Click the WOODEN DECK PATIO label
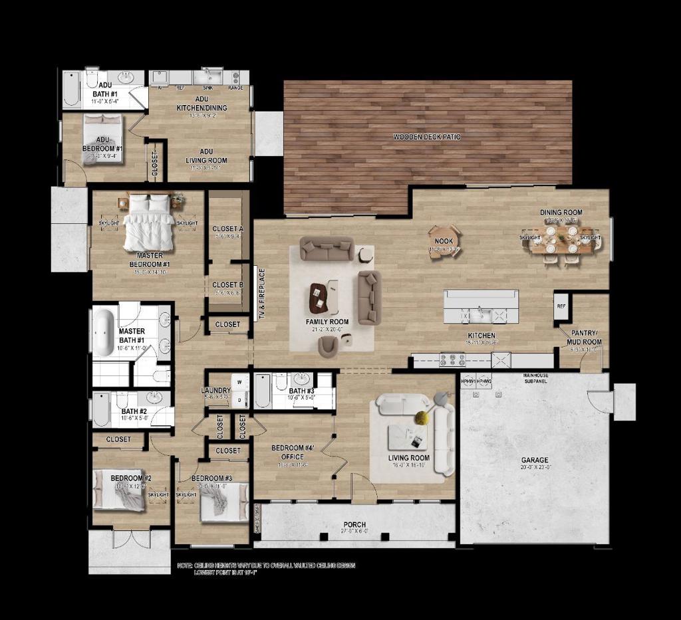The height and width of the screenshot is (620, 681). click(427, 137)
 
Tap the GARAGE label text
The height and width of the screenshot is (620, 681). click(535, 460)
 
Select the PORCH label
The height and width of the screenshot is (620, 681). click(355, 525)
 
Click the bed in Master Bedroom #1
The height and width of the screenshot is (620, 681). click(150, 222)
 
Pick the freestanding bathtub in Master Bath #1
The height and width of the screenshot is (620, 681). click(103, 332)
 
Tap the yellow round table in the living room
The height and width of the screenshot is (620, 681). click(421, 417)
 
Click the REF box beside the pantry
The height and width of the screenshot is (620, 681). click(561, 307)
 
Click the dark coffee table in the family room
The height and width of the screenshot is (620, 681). click(319, 298)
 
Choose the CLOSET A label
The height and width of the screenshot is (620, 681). click(228, 229)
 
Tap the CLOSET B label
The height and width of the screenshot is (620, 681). click(228, 285)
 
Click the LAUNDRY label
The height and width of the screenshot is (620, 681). click(215, 391)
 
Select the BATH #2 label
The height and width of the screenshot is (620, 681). click(134, 411)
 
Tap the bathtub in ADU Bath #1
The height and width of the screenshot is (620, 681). click(72, 91)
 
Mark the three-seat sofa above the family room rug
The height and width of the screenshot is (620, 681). click(327, 249)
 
